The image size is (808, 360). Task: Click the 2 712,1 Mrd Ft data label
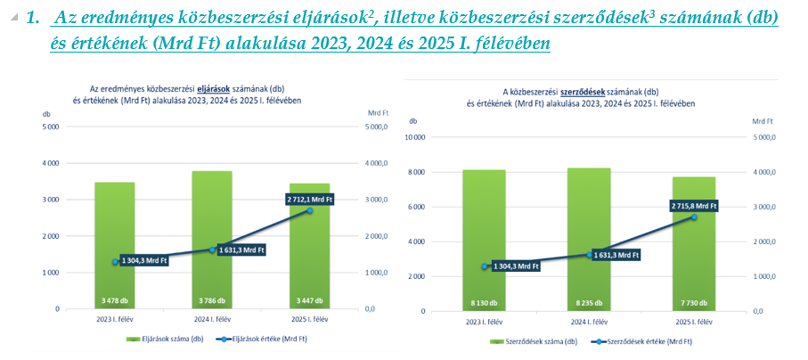click(309, 200)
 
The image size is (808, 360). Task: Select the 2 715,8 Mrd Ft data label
click(693, 206)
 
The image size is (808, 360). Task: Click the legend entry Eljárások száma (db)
click(169, 340)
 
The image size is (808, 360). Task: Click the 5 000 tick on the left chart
click(50, 127)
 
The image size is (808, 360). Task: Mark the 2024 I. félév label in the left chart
click(212, 318)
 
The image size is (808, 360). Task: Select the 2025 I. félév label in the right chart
click(693, 322)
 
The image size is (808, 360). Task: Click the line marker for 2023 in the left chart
click(115, 262)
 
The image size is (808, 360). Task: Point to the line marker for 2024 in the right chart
click(590, 255)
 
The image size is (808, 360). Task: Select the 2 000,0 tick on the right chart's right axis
click(764, 241)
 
